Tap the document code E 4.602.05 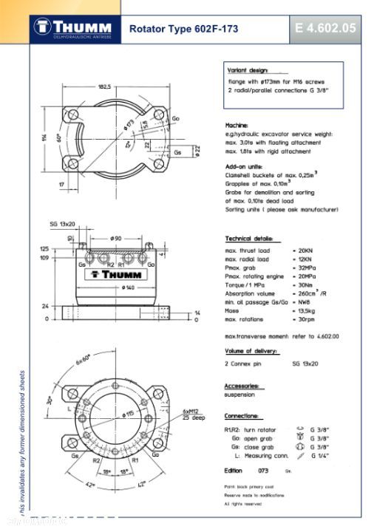[325, 29]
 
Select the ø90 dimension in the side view [115, 238]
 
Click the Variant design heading [248, 68]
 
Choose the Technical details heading [252, 239]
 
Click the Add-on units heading [243, 167]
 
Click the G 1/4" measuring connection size [320, 456]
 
